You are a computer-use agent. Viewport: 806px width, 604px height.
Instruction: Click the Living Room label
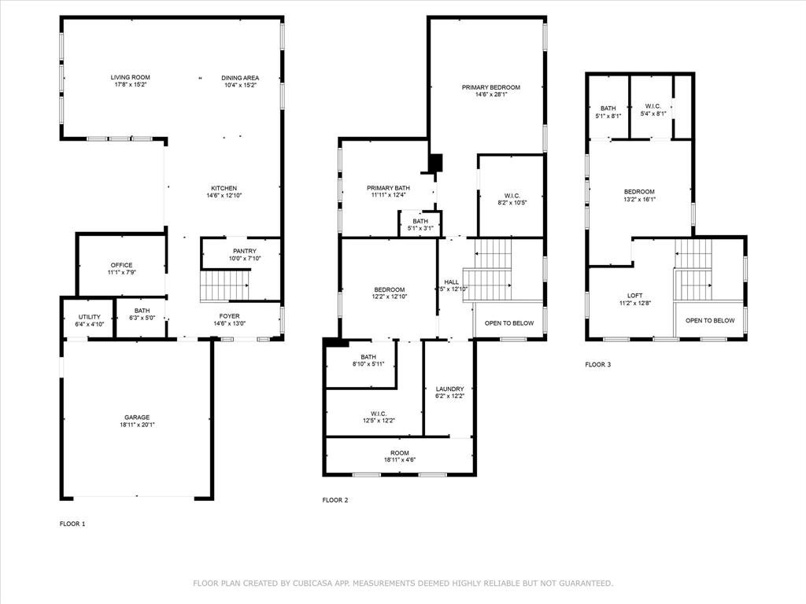[x=130, y=78]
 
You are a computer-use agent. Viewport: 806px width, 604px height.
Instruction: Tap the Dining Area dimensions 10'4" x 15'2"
[x=240, y=85]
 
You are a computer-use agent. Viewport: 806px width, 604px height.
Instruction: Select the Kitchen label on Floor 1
[x=224, y=188]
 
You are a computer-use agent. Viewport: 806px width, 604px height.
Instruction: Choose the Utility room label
[x=89, y=317]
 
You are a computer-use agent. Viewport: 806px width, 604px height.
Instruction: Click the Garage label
[x=136, y=418]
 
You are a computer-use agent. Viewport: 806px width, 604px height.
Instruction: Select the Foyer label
[x=229, y=317]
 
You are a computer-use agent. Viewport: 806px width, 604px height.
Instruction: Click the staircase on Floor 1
[x=224, y=285]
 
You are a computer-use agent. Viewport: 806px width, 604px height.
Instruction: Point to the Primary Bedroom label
[x=491, y=87]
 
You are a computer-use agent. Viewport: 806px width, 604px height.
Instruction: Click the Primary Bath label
[x=388, y=188]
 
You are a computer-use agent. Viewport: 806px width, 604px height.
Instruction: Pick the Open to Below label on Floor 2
[x=509, y=323]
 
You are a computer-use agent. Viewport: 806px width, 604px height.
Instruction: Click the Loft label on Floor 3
[x=634, y=296]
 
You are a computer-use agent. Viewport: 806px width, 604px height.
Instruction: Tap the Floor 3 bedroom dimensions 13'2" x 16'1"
[x=639, y=199]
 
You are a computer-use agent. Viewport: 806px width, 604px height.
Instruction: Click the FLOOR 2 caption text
[x=335, y=500]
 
